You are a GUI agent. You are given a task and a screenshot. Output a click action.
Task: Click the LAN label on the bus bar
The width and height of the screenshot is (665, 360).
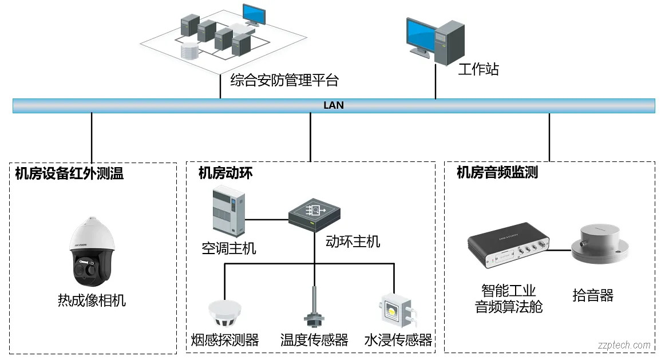click(334, 105)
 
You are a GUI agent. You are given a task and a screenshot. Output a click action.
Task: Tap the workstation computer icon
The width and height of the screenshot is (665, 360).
click(434, 41)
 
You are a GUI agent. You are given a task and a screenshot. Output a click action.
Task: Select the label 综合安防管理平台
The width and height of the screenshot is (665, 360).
click(284, 80)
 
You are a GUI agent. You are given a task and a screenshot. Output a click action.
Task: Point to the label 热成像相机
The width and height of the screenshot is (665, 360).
click(92, 300)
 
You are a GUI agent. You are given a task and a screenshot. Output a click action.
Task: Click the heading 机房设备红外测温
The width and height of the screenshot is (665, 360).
click(69, 173)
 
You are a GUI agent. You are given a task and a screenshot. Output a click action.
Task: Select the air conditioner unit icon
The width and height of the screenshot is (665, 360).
click(228, 212)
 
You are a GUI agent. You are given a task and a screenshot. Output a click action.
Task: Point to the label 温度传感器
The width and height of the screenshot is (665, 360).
click(314, 340)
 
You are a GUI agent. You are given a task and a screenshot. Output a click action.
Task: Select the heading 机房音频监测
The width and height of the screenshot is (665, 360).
click(497, 172)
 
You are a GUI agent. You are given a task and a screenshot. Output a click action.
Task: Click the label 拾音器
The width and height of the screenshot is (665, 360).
click(593, 295)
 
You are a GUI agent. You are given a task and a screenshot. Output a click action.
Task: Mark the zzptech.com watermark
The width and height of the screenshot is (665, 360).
click(624, 345)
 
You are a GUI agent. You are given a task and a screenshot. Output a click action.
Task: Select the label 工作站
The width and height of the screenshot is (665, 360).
click(478, 70)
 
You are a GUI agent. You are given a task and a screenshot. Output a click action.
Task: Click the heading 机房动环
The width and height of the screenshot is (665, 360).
click(225, 173)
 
